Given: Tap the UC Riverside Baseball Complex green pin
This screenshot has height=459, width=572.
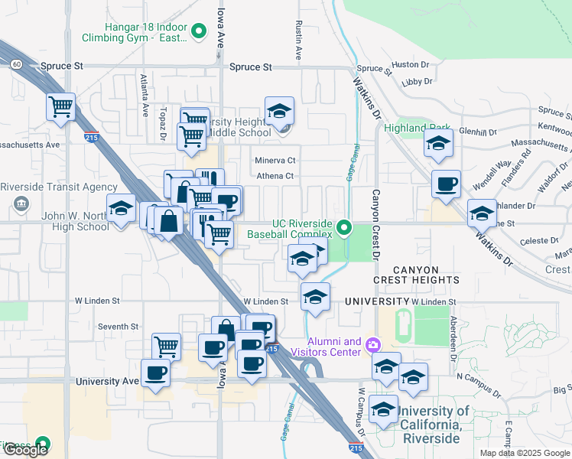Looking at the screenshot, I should (x=345, y=227).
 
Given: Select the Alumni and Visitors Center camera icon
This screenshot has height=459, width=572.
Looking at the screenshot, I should (x=372, y=345).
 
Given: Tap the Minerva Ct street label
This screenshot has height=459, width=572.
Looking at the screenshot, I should (x=275, y=161).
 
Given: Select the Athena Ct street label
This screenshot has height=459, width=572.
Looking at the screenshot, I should (x=275, y=176).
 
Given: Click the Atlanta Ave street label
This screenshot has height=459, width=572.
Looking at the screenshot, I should (x=144, y=94).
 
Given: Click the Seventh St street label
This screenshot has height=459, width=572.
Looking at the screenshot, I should (x=118, y=327).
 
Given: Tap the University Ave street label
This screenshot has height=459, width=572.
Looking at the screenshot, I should (x=107, y=380).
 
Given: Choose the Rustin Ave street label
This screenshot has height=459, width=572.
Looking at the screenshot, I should (x=297, y=41).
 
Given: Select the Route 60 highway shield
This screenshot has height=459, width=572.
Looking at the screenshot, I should (x=17, y=63).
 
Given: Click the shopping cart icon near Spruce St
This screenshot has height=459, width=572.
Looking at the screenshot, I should (x=60, y=106).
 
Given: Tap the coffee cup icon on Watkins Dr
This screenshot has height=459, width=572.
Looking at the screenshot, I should (x=446, y=184).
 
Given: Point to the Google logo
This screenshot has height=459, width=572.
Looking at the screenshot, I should (x=25, y=450).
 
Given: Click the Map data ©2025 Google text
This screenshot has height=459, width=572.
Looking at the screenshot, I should (x=524, y=452).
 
